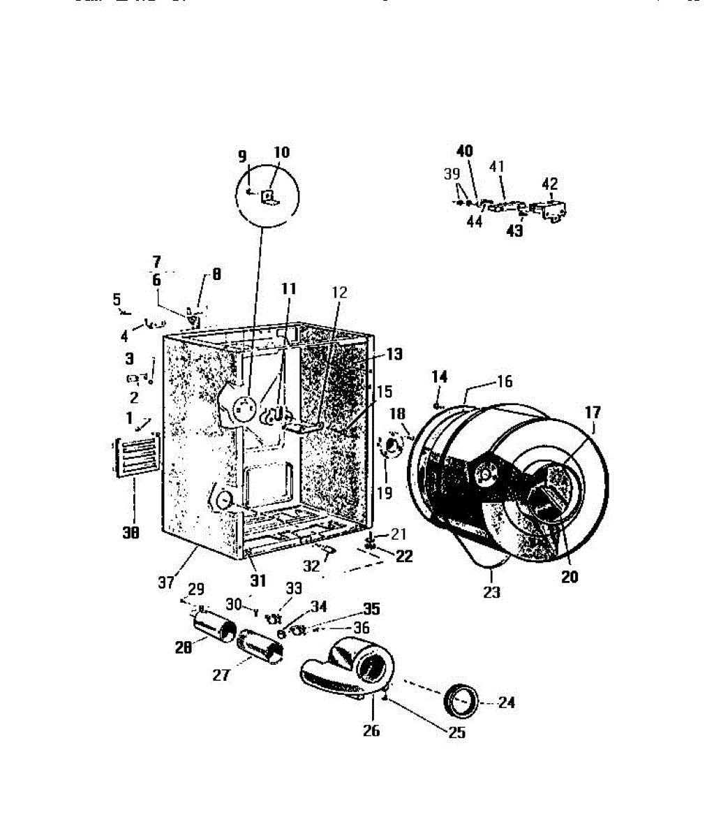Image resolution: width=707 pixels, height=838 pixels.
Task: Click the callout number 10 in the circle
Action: (x=281, y=153)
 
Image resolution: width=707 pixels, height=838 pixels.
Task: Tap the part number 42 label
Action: (x=550, y=184)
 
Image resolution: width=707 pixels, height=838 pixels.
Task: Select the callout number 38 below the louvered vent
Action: (x=131, y=533)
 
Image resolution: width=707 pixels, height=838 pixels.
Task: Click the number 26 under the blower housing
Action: (x=371, y=730)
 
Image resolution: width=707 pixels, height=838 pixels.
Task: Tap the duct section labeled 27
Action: (x=261, y=644)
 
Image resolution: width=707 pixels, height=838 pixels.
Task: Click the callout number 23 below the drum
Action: (x=492, y=593)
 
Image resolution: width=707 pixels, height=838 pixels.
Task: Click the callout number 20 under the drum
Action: (x=570, y=578)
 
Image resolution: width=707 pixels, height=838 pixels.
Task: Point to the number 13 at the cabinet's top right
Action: (x=394, y=354)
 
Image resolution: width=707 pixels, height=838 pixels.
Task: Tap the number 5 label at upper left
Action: (x=117, y=299)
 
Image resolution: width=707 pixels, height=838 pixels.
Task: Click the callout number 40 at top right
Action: (x=465, y=152)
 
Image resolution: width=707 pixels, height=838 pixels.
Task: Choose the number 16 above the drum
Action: (x=504, y=381)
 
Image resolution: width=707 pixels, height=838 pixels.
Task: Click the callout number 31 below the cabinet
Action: (x=258, y=580)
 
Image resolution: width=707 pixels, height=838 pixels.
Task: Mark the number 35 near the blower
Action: (x=371, y=609)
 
